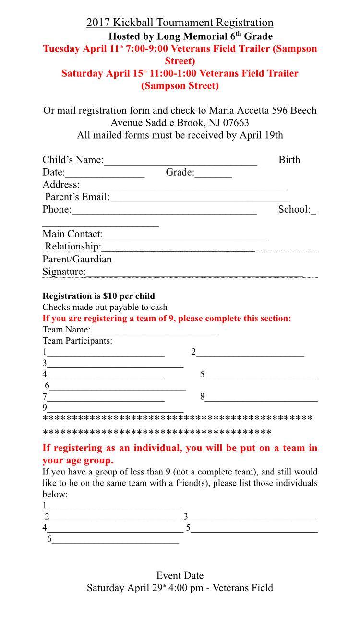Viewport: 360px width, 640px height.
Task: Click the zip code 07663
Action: tap(234, 123)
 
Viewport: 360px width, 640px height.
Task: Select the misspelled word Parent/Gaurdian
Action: tap(77, 260)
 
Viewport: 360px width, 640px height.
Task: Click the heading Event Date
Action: tap(180, 575)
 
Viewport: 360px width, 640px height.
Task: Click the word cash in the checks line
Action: tap(158, 307)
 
